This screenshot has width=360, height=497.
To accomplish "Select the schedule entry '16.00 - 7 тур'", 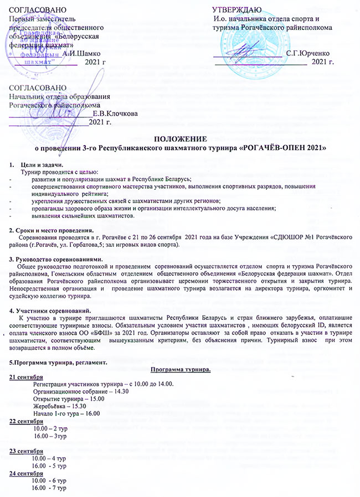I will tap(50, 489).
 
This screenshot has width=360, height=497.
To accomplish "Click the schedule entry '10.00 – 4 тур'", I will tap(50, 459).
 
